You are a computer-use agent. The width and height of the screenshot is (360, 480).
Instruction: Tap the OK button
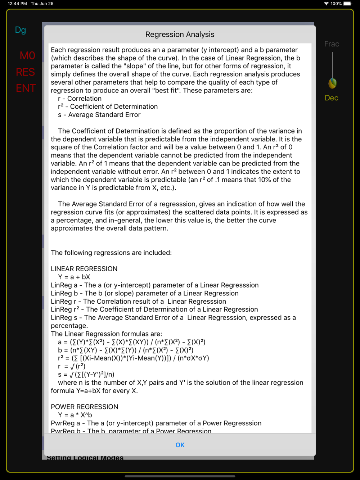[x=180, y=445]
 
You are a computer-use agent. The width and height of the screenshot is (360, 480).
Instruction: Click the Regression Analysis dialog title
[x=180, y=35]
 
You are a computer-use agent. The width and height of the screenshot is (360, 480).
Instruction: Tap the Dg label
[x=21, y=30]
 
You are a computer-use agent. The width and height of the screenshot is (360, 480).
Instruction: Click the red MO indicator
[x=27, y=56]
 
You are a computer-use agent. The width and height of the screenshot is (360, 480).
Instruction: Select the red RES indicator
[x=26, y=72]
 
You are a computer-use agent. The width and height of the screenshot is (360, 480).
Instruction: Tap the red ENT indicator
[x=26, y=88]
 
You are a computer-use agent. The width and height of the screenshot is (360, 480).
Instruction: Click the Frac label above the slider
[x=332, y=44]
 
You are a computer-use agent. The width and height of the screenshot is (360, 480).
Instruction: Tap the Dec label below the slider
[x=332, y=98]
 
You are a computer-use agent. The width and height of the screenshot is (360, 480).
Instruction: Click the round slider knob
[x=332, y=83]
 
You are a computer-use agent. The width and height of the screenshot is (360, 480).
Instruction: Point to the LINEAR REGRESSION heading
[x=84, y=269]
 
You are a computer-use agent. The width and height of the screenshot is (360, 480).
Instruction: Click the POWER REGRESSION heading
[x=84, y=407]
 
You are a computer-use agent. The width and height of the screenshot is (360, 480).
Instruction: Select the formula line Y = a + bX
[x=74, y=277]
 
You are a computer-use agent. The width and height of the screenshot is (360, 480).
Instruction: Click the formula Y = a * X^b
[x=75, y=415]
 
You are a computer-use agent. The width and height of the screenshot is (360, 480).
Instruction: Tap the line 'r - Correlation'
[x=80, y=99]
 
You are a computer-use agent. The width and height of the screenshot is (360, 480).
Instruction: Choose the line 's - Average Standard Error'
[x=99, y=115]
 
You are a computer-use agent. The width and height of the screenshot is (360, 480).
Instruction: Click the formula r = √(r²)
[x=72, y=366]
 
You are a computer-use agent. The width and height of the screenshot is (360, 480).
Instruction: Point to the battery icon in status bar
[x=347, y=4]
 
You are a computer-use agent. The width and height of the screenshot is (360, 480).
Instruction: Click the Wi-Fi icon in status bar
[x=326, y=4]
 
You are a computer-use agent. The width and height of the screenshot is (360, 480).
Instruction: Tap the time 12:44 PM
[x=17, y=4]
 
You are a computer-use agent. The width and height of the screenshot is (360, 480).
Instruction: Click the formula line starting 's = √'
[x=86, y=375]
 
